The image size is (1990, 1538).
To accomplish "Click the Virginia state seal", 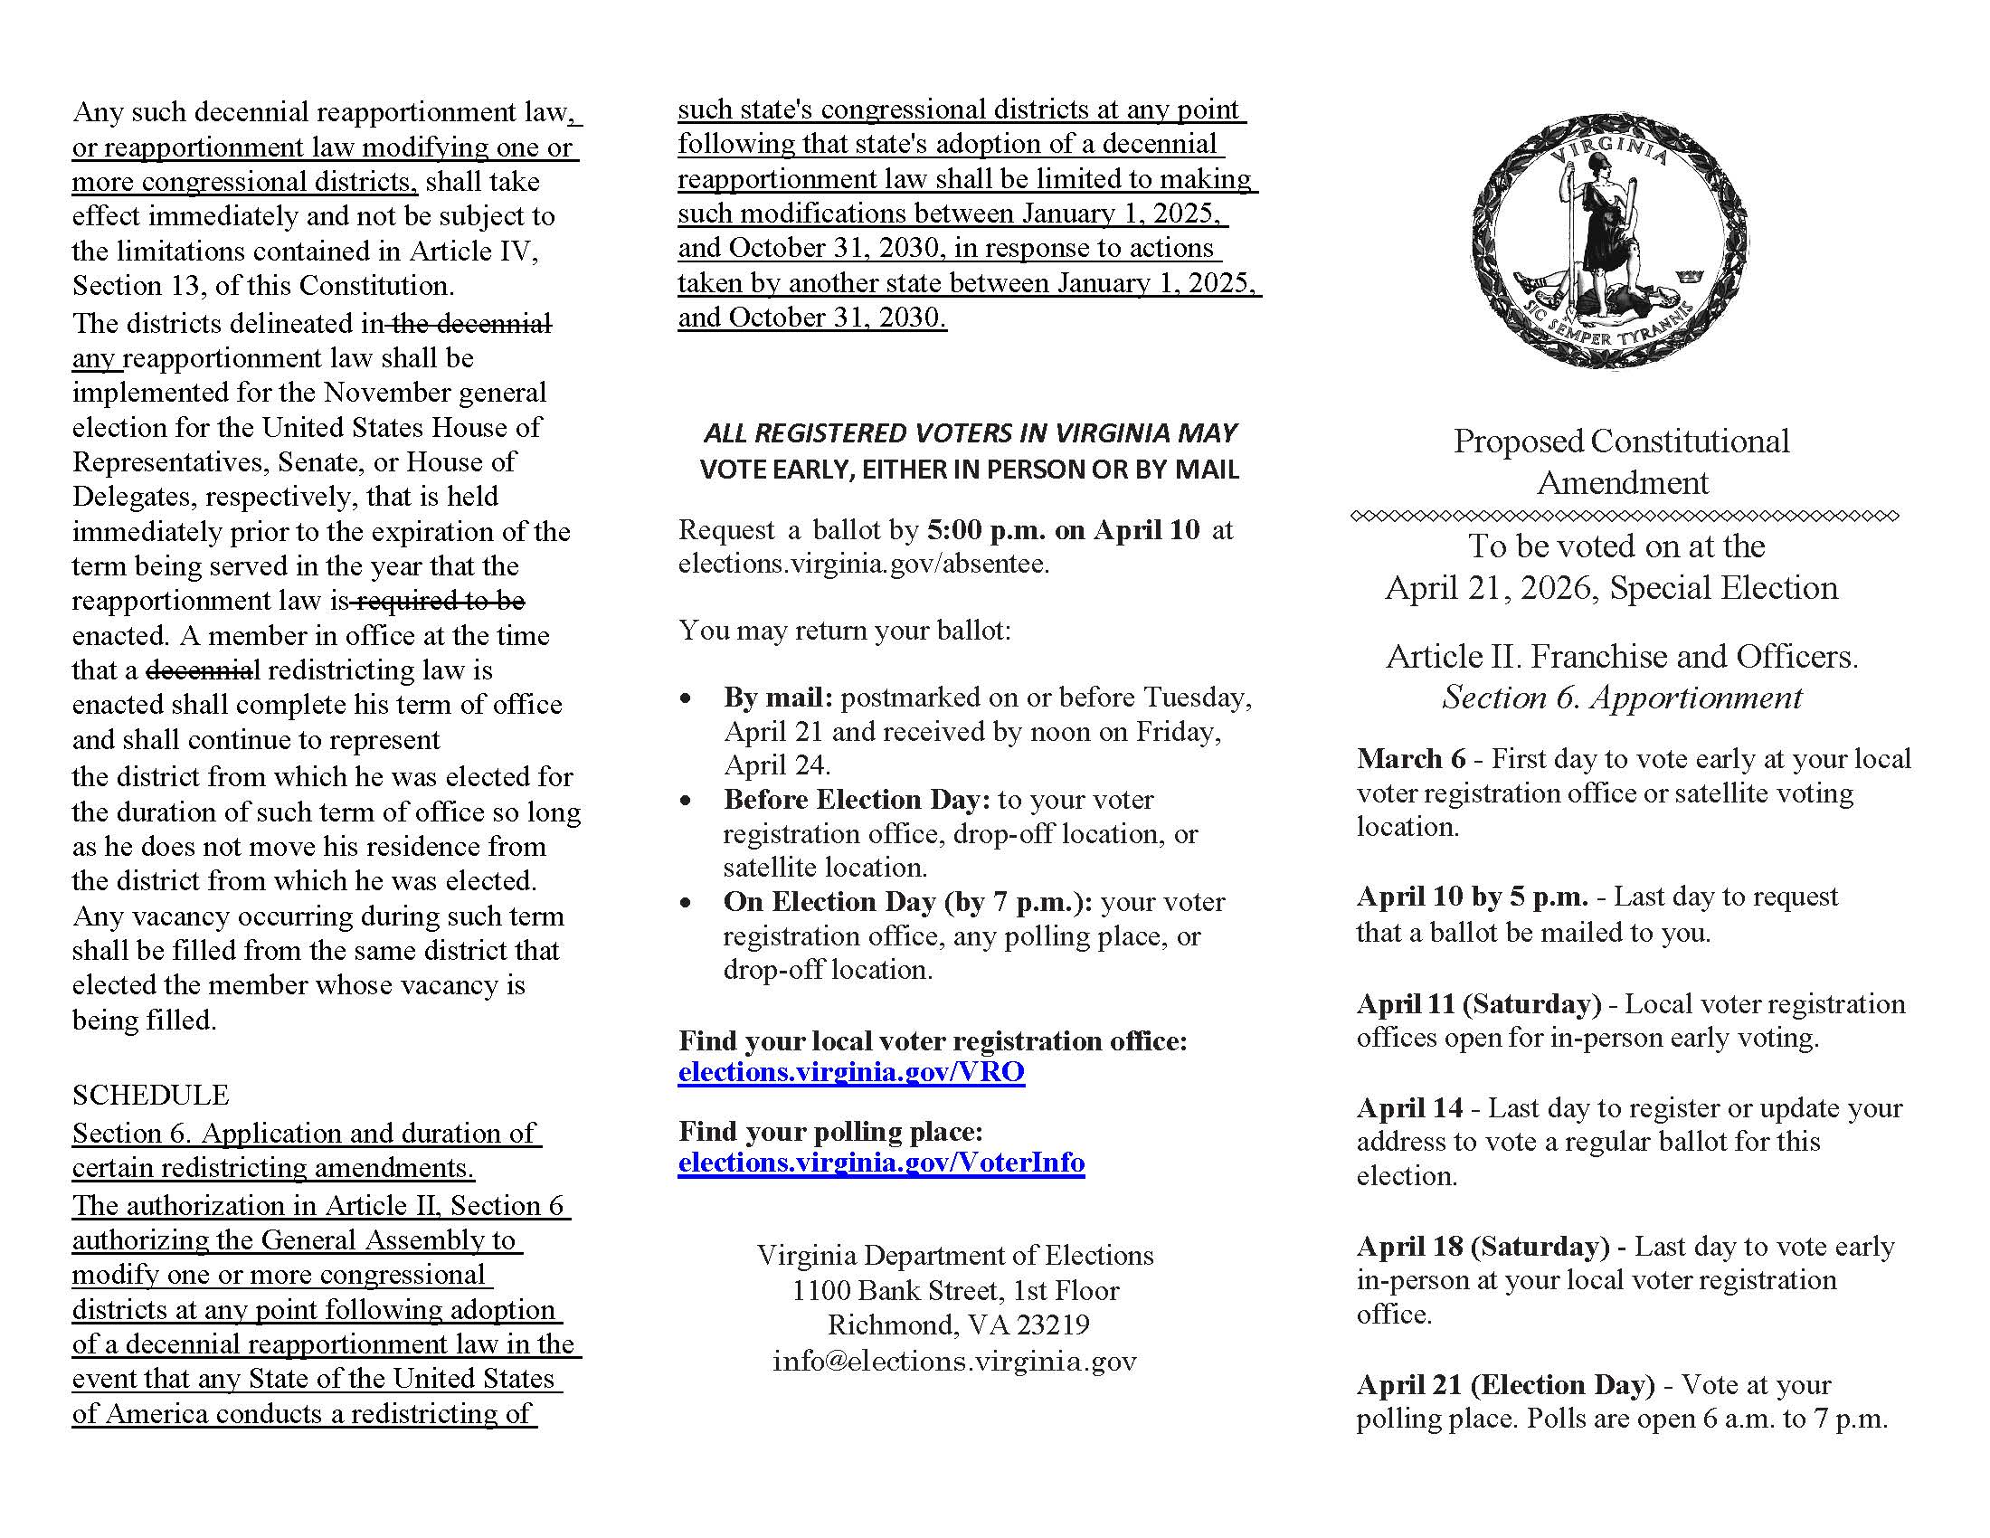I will point(1609,242).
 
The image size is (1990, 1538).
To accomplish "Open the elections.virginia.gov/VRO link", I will point(851,1072).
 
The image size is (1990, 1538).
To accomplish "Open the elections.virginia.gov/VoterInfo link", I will point(881,1163).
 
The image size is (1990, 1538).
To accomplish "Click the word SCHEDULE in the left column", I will point(150,1095).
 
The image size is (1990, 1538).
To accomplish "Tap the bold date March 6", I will point(1410,759).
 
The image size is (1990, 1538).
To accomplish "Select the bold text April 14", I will point(1408,1108).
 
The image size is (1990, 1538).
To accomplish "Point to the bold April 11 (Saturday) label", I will point(1478,1004).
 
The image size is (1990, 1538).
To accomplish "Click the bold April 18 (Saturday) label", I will point(1483,1247).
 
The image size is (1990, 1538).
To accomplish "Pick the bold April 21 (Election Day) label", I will point(1505,1385).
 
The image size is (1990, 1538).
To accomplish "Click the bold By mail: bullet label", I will point(778,698).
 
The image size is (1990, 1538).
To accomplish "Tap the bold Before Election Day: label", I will point(857,800).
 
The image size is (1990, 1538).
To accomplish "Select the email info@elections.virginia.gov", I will point(954,1362).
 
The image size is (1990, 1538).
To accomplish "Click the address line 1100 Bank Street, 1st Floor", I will point(955,1291).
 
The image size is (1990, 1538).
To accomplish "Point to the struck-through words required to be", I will point(440,601).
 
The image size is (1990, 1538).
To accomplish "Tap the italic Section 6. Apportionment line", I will point(1622,698).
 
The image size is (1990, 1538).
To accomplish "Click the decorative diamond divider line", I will point(1625,516).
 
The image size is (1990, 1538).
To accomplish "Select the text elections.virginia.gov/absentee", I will point(863,564).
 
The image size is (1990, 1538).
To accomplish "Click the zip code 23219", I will point(1052,1324).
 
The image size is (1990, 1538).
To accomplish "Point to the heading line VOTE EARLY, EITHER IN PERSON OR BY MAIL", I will point(969,470).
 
